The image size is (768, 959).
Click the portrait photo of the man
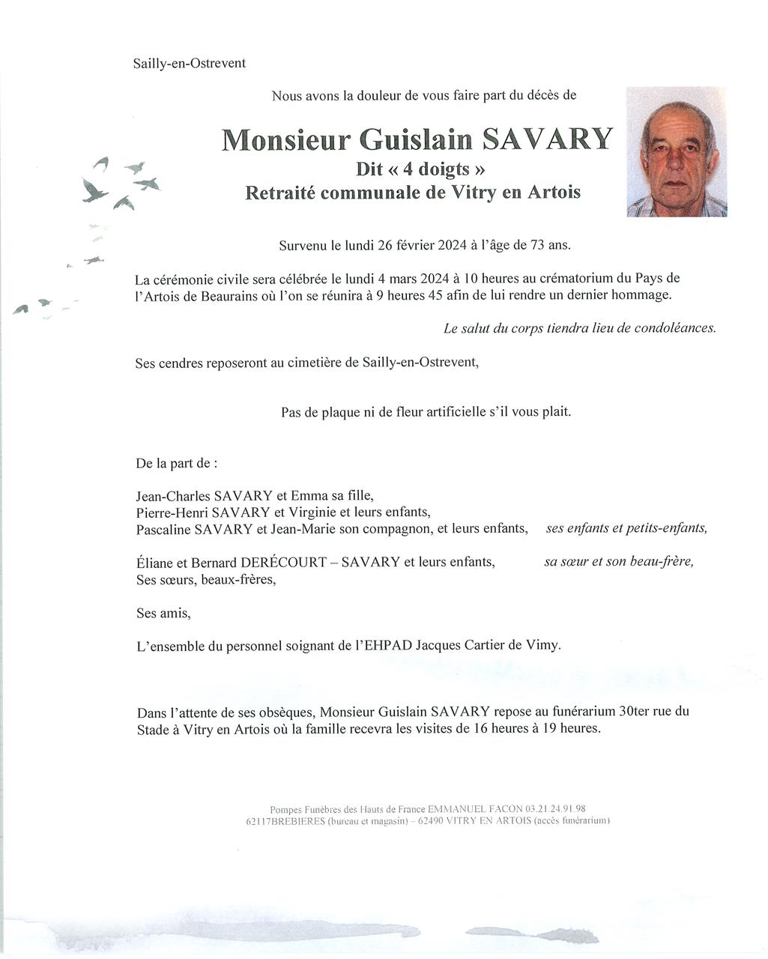point(676,152)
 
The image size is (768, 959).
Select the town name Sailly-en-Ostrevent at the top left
point(189,64)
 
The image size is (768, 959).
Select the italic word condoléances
point(674,328)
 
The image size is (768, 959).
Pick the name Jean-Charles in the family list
point(173,496)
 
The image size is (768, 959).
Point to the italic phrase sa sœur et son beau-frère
point(618,561)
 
